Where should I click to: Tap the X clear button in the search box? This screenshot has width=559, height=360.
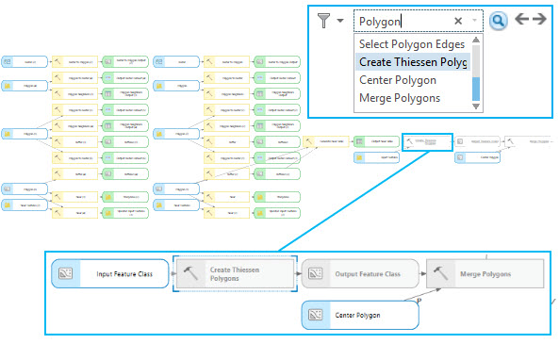[x=458, y=21]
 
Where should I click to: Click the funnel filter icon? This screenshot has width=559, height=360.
[x=325, y=20]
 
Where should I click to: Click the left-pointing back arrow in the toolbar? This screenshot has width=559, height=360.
[x=523, y=20]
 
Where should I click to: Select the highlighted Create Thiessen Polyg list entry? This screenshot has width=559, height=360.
[x=412, y=62]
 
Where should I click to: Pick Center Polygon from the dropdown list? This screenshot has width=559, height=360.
[x=396, y=80]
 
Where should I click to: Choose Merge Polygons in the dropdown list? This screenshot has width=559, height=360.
[x=399, y=98]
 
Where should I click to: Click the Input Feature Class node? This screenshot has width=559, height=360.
[x=109, y=274]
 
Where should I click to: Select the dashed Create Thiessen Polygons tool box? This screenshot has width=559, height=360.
[x=235, y=274]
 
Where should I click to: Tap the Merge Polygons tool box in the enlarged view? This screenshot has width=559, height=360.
[x=484, y=274]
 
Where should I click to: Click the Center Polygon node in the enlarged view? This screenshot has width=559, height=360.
[x=358, y=315]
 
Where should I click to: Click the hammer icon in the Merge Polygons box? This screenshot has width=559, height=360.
[x=441, y=274]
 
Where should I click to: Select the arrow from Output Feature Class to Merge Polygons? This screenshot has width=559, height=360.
[x=419, y=274]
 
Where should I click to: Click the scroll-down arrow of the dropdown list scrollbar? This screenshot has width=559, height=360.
[x=476, y=107]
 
